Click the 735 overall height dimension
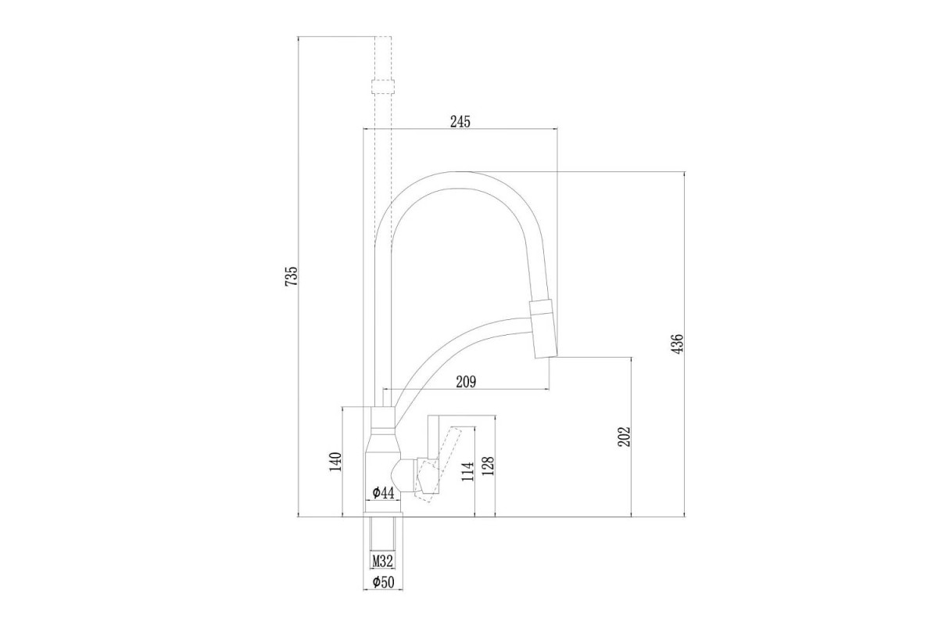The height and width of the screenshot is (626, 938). coord(291,276)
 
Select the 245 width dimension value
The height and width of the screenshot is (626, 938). coord(460,121)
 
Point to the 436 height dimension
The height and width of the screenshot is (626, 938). coord(677,343)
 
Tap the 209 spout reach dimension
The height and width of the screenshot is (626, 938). coord(466,382)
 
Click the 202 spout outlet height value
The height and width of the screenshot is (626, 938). coord(625,437)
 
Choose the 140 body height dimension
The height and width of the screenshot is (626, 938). coord(335,462)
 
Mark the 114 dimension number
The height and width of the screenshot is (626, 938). coord(467,471)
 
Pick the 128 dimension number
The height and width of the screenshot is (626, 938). coord(488,466)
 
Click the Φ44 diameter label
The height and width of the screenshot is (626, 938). coord(383,493)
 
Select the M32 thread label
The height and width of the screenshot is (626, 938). coord(382,560)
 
